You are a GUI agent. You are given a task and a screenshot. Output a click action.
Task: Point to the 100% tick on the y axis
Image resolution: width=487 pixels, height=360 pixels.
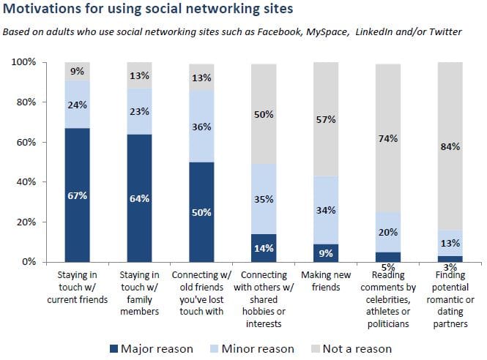click(x=24, y=63)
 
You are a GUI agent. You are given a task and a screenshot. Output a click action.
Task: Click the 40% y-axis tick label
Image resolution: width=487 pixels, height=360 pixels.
click(x=27, y=182)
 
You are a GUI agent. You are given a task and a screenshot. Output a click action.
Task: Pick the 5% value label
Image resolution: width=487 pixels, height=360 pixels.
click(x=389, y=267)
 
